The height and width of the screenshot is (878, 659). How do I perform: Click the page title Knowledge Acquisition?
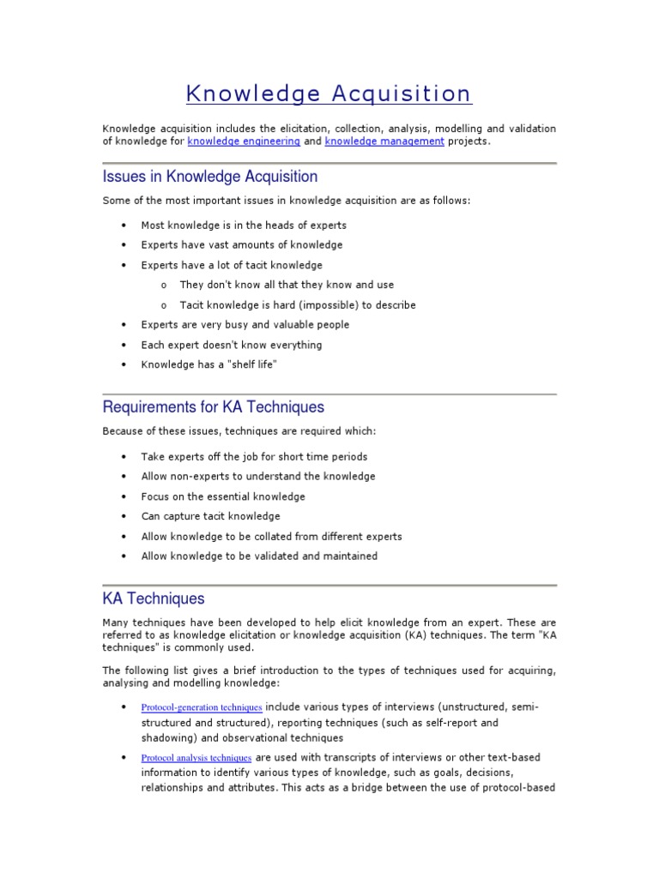pyautogui.click(x=329, y=93)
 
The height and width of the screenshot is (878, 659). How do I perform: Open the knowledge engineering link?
pyautogui.click(x=244, y=141)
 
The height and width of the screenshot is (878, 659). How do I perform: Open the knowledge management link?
pyautogui.click(x=384, y=141)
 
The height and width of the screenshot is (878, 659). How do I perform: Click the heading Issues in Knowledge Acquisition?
pyautogui.click(x=210, y=177)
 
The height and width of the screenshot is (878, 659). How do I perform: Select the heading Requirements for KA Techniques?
pyautogui.click(x=214, y=406)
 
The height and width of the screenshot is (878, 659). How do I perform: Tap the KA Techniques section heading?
pyautogui.click(x=154, y=598)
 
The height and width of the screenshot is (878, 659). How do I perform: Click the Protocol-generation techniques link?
pyautogui.click(x=202, y=707)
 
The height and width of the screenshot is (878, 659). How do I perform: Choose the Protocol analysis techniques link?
pyautogui.click(x=196, y=758)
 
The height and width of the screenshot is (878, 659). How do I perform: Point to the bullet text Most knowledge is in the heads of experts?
pyautogui.click(x=244, y=226)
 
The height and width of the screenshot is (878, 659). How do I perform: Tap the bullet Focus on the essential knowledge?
pyautogui.click(x=223, y=496)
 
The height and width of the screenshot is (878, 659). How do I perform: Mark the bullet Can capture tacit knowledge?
pyautogui.click(x=210, y=516)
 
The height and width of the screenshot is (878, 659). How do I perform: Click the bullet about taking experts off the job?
pyautogui.click(x=254, y=457)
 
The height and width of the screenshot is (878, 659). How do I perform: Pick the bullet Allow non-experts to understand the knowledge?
pyautogui.click(x=258, y=476)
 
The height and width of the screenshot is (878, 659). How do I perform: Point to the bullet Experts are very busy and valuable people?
pyautogui.click(x=245, y=325)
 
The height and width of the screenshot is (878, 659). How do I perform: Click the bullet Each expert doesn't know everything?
pyautogui.click(x=232, y=345)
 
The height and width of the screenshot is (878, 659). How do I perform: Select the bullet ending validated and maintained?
pyautogui.click(x=259, y=556)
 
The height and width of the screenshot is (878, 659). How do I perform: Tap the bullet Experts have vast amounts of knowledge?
pyautogui.click(x=242, y=245)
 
